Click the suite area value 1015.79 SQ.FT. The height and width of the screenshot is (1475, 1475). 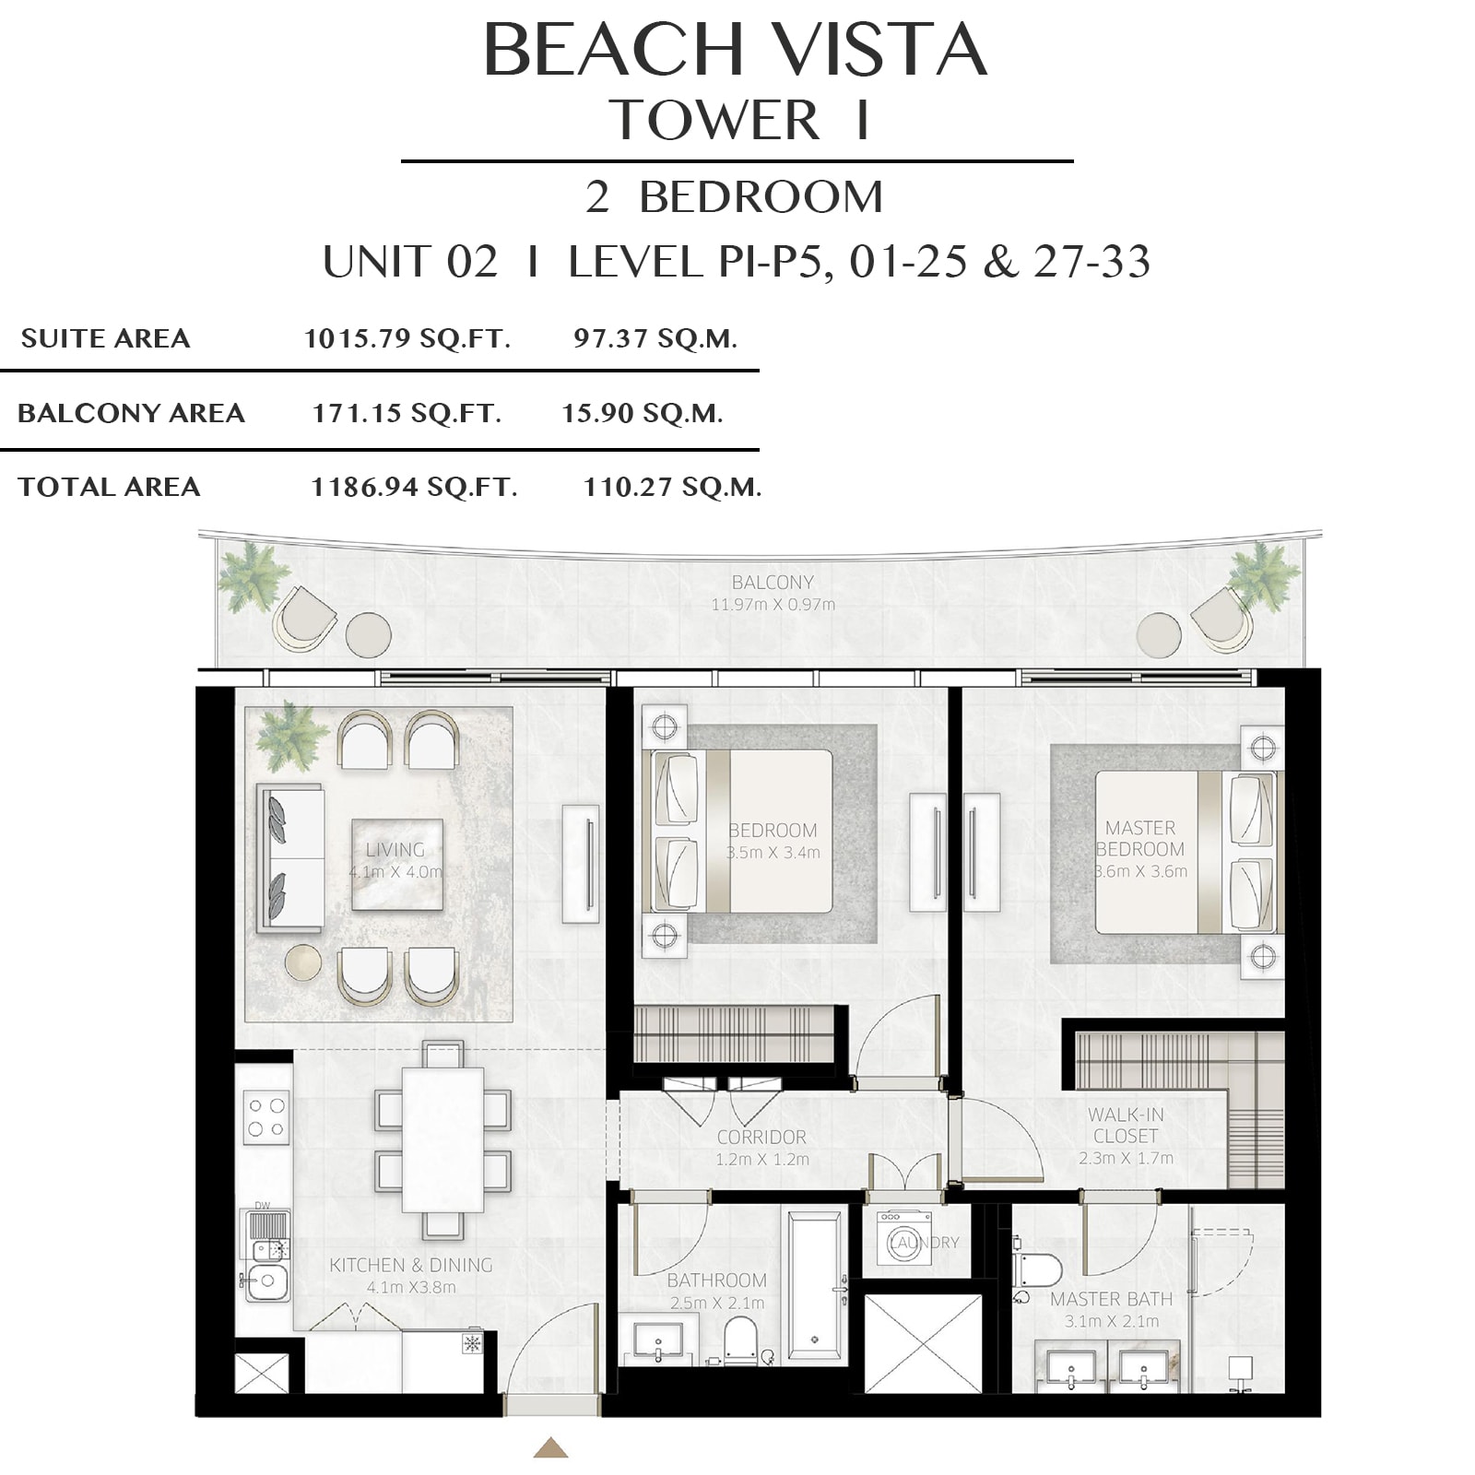pos(407,338)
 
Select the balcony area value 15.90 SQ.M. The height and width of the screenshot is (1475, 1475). pos(643,413)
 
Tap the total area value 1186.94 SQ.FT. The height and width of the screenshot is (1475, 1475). pos(414,487)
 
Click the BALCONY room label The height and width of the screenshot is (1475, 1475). pos(773,583)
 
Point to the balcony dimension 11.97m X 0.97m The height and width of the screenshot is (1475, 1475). pos(773,605)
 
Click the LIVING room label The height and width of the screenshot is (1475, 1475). pos(395,850)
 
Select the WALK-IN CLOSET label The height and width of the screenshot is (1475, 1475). pos(1126,1126)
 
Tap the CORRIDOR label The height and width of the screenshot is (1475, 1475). pos(761,1138)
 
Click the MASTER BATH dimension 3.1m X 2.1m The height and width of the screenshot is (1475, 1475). pos(1112,1321)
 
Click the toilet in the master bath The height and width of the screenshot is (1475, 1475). pos(1036,1268)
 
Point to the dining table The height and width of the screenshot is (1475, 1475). pos(442,1139)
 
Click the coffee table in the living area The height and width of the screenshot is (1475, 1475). pos(397,864)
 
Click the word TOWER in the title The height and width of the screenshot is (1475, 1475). pos(714,121)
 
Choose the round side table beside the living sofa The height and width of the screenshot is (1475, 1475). pos(303,962)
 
